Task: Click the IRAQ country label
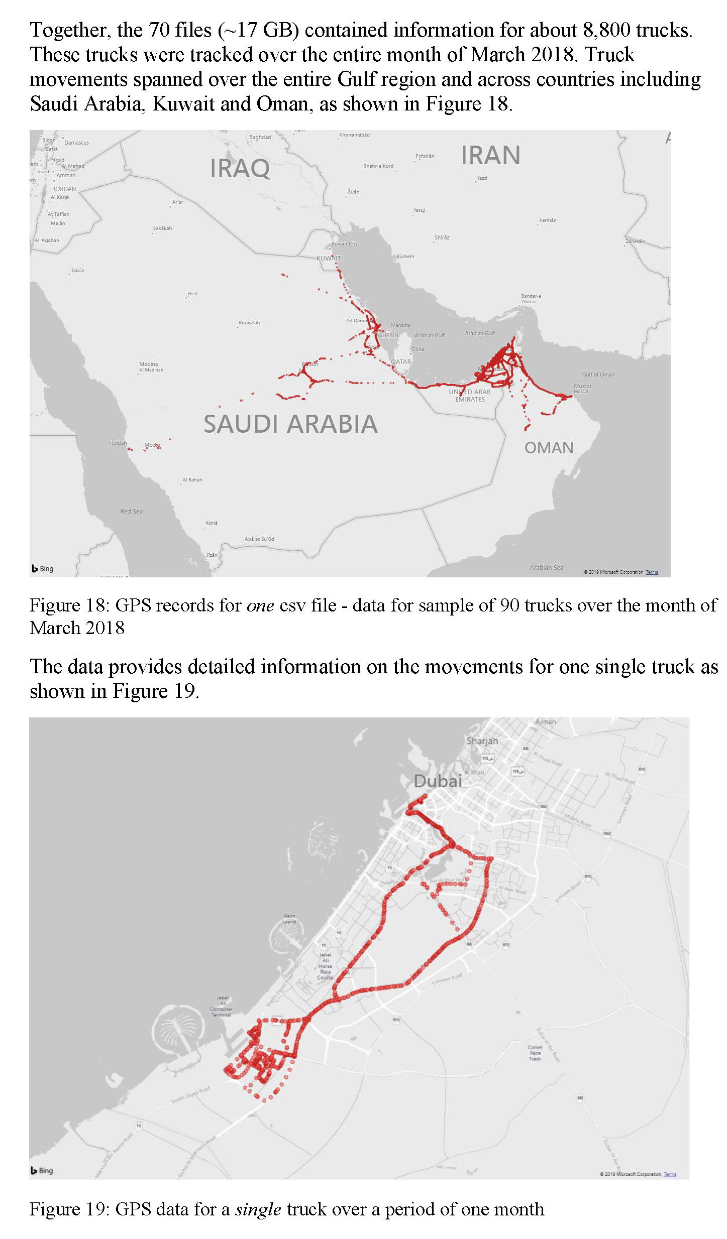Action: coord(240,168)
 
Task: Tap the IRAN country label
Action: coord(490,155)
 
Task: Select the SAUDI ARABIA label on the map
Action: coord(290,424)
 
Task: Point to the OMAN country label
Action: coord(549,448)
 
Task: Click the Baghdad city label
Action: coord(260,137)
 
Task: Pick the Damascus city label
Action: coord(76,143)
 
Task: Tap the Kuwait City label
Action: coord(345,244)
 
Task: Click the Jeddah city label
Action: coord(118,443)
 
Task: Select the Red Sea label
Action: coord(131,512)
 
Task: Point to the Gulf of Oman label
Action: coord(598,375)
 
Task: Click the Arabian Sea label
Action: coord(546,568)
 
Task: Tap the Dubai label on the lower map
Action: coord(438,781)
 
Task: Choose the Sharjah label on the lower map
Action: coord(482,741)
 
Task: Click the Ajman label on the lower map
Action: coord(546,722)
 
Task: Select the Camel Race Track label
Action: coord(535,1053)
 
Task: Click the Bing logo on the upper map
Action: coord(43,569)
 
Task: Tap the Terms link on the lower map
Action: coord(670,1174)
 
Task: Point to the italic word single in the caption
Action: coord(258,1209)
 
